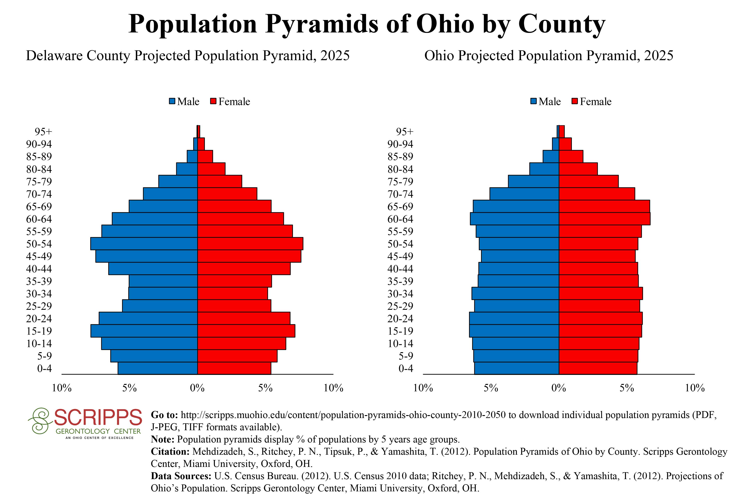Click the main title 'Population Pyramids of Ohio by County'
[x=367, y=24]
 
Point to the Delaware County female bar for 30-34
[x=232, y=293]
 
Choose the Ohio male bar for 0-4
[x=516, y=368]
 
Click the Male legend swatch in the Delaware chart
[x=172, y=102]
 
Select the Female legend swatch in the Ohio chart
[x=575, y=102]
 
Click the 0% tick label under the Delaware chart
[x=197, y=388]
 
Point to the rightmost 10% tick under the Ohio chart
[x=695, y=388]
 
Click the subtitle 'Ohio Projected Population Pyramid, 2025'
[x=548, y=56]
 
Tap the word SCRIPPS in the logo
[x=98, y=418]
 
